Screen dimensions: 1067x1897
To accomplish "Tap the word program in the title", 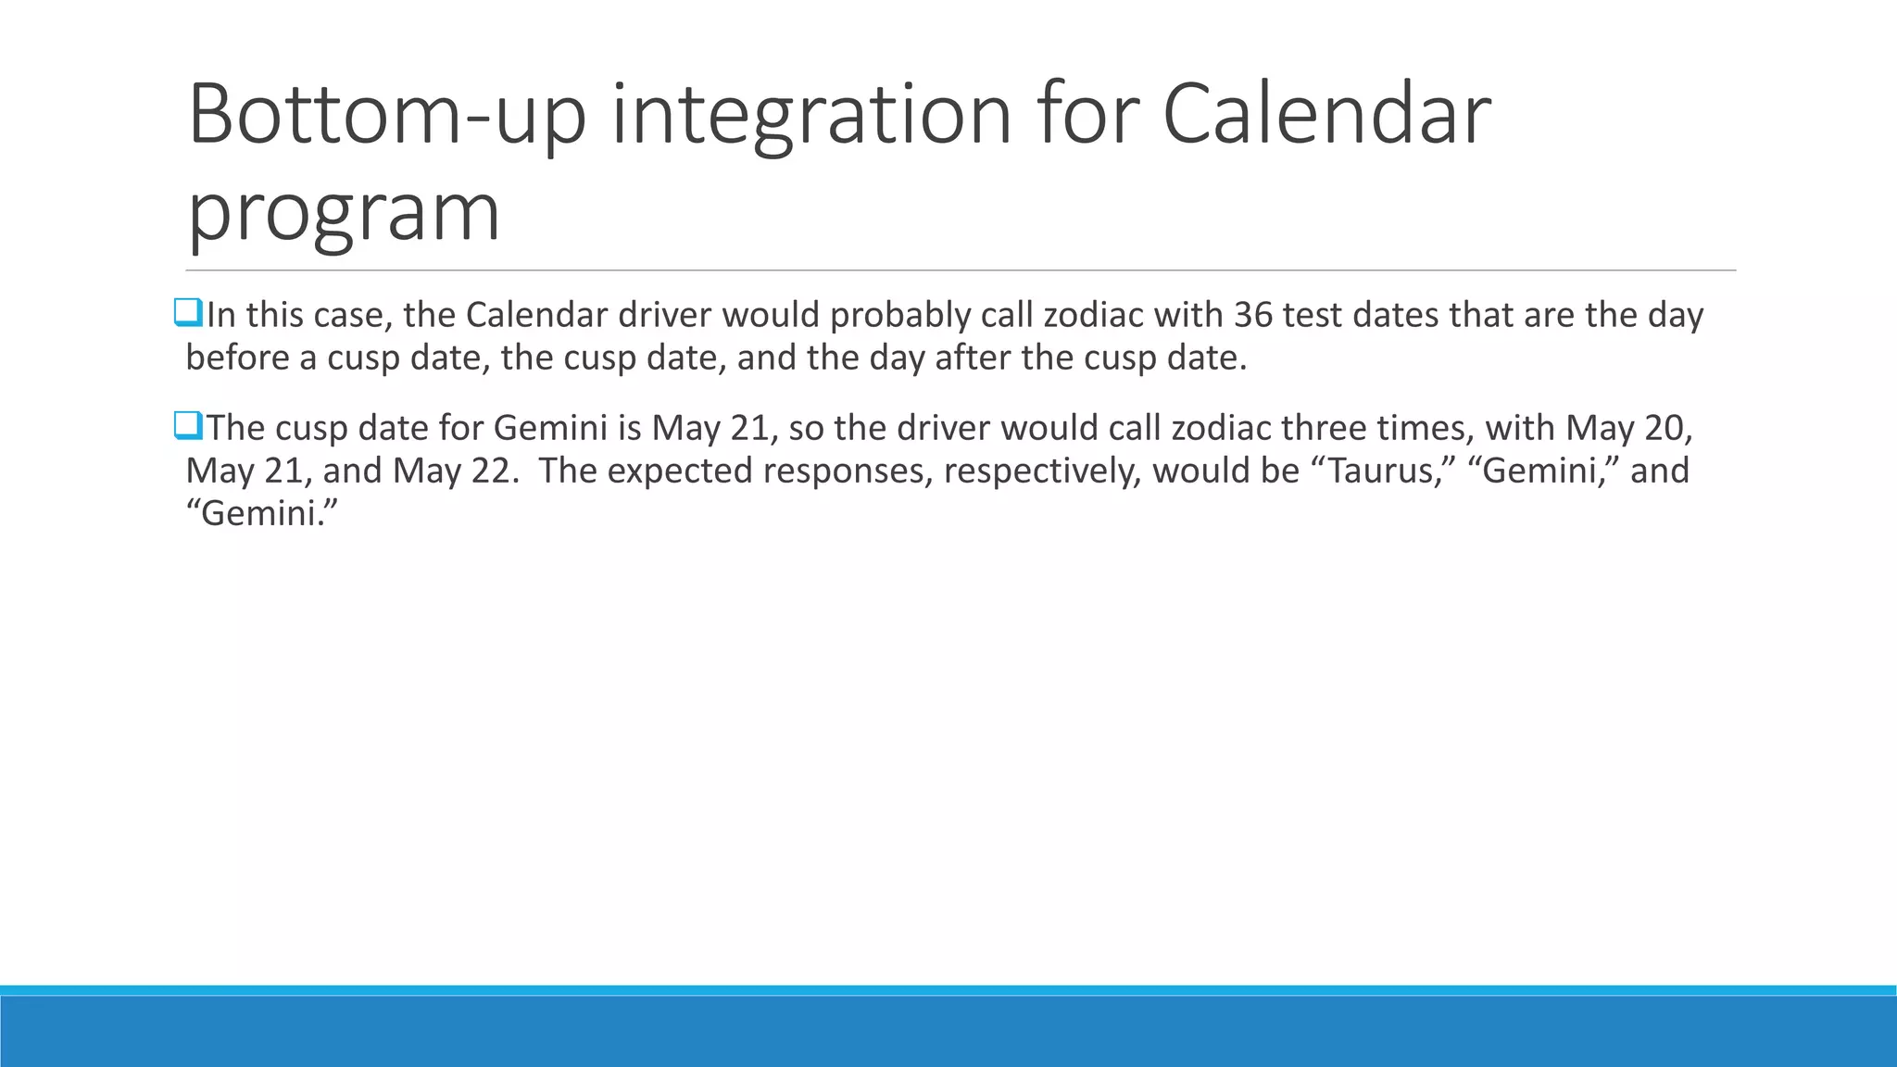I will click(x=344, y=213).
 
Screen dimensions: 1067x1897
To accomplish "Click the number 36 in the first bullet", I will click(x=1253, y=315).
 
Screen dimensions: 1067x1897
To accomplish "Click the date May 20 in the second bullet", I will click(x=1628, y=428).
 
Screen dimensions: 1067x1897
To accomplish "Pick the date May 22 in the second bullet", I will click(x=451, y=471).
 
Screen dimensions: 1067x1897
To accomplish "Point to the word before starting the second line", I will click(x=237, y=358).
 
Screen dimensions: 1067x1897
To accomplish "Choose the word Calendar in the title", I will click(x=1325, y=115).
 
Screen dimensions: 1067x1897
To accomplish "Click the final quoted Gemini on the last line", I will click(x=262, y=513).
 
